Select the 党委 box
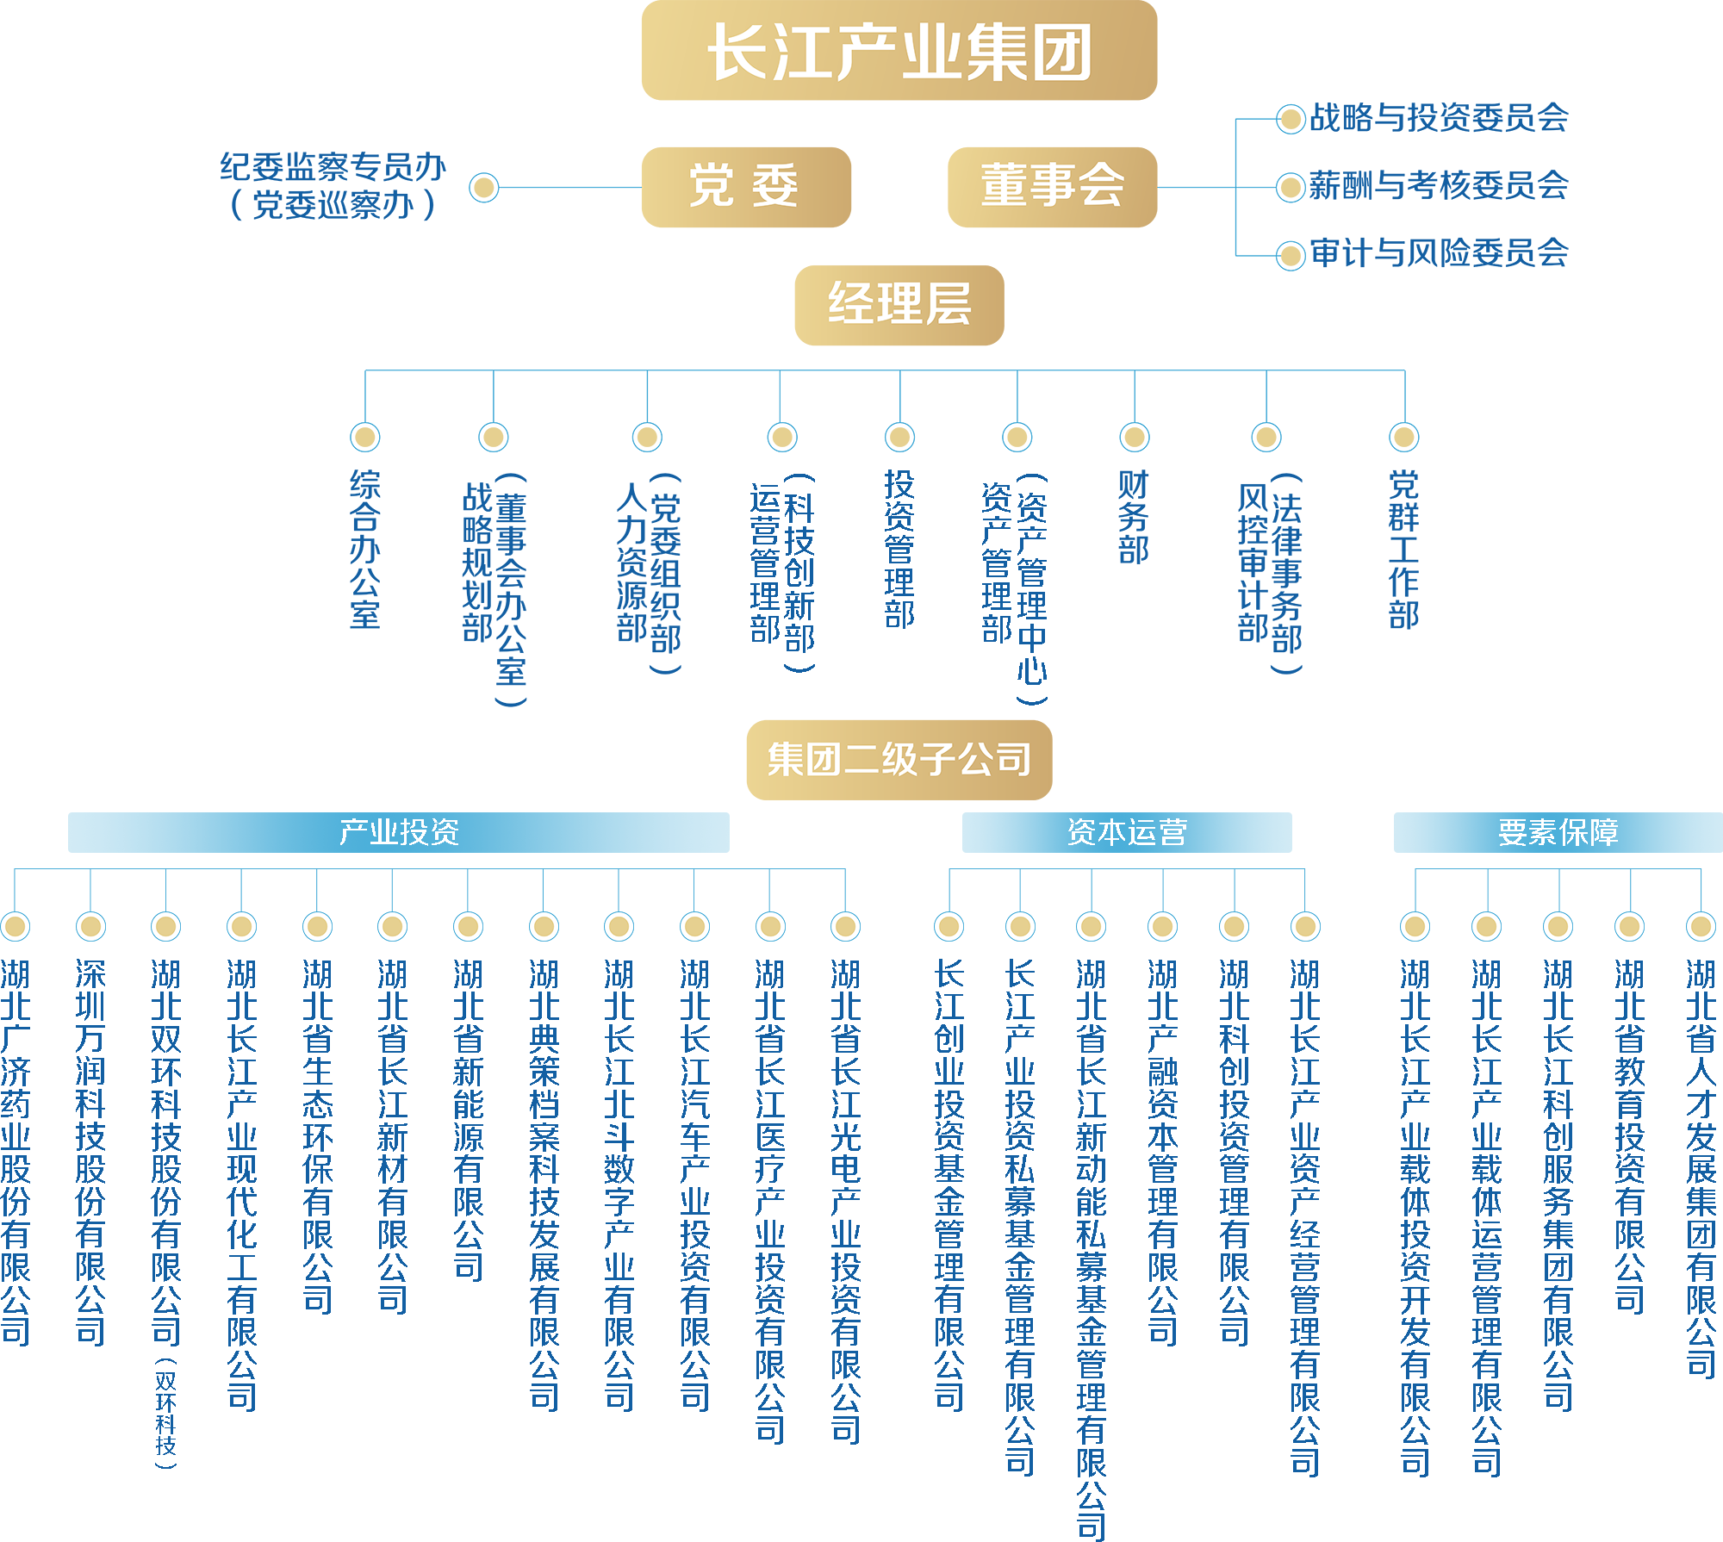746,187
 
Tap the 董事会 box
1052,187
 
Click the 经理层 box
899,305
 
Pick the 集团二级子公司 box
899,760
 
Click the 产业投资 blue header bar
398,832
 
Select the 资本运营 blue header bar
1127,832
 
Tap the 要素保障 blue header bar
1558,832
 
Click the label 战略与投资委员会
1439,119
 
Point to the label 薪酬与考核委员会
1439,186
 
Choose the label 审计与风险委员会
1439,254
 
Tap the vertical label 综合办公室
365,550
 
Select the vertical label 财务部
1134,517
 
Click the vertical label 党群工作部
1404,550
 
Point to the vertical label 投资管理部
899,550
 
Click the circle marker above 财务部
1134,438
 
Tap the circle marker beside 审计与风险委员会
1291,255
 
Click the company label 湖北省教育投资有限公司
1629,1137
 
